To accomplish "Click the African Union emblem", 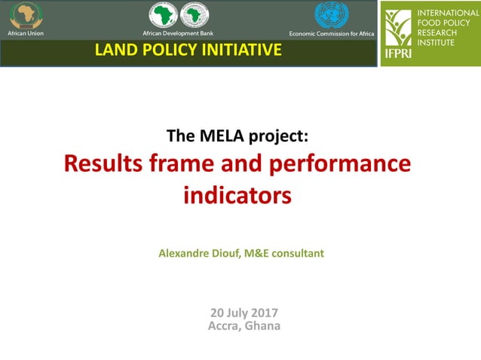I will pyautogui.click(x=26, y=15).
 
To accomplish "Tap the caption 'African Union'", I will pyautogui.click(x=26, y=34).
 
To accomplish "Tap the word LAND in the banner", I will pyautogui.click(x=112, y=50).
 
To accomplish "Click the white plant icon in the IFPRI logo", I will pyautogui.click(x=399, y=29).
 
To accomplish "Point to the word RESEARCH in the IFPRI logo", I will pyautogui.click(x=437, y=33).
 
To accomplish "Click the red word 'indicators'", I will pyautogui.click(x=237, y=195).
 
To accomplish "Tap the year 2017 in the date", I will pyautogui.click(x=264, y=313).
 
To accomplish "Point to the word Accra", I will pyautogui.click(x=224, y=326).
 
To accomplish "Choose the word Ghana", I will pyautogui.click(x=263, y=326).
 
